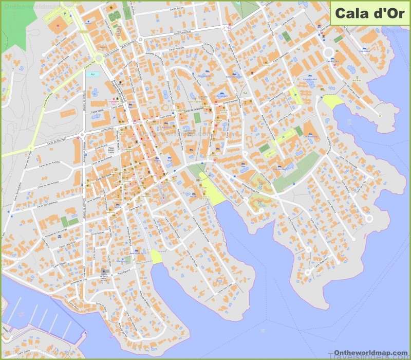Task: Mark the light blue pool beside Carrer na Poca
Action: [x=93, y=75]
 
